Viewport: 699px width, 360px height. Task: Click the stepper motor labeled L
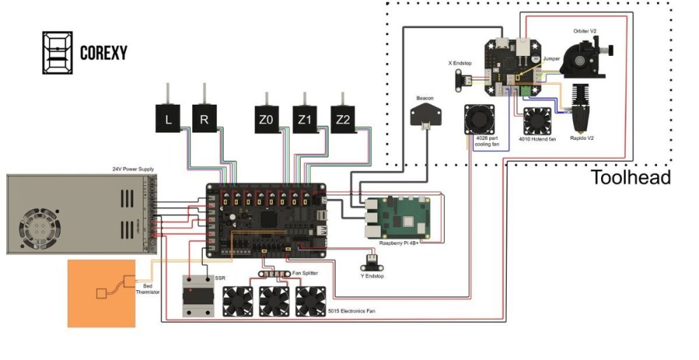(x=168, y=119)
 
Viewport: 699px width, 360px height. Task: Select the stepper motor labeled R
(x=204, y=119)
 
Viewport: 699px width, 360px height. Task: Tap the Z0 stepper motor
(x=266, y=120)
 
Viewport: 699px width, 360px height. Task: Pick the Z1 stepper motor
(x=303, y=120)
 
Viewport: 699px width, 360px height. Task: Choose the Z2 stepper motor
(x=342, y=120)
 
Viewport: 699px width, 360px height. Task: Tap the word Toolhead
(x=630, y=178)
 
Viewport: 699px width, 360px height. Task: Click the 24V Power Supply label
(x=133, y=169)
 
